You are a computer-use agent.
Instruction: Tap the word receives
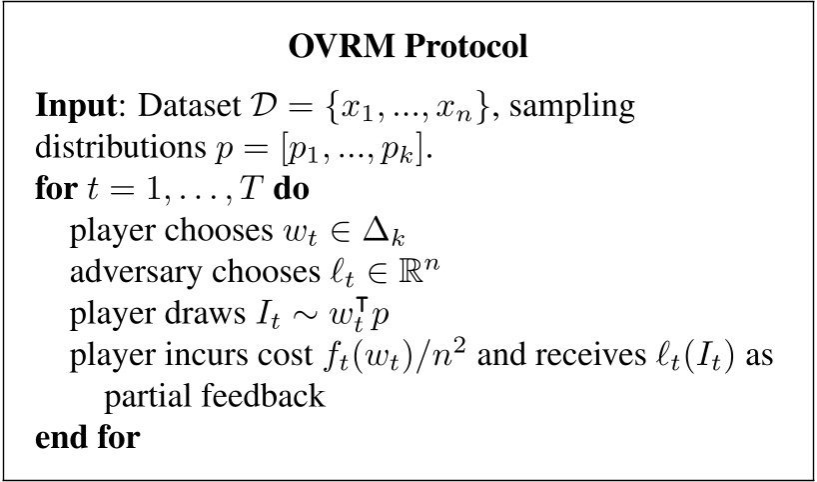576,357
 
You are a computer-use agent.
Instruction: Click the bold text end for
88,438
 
